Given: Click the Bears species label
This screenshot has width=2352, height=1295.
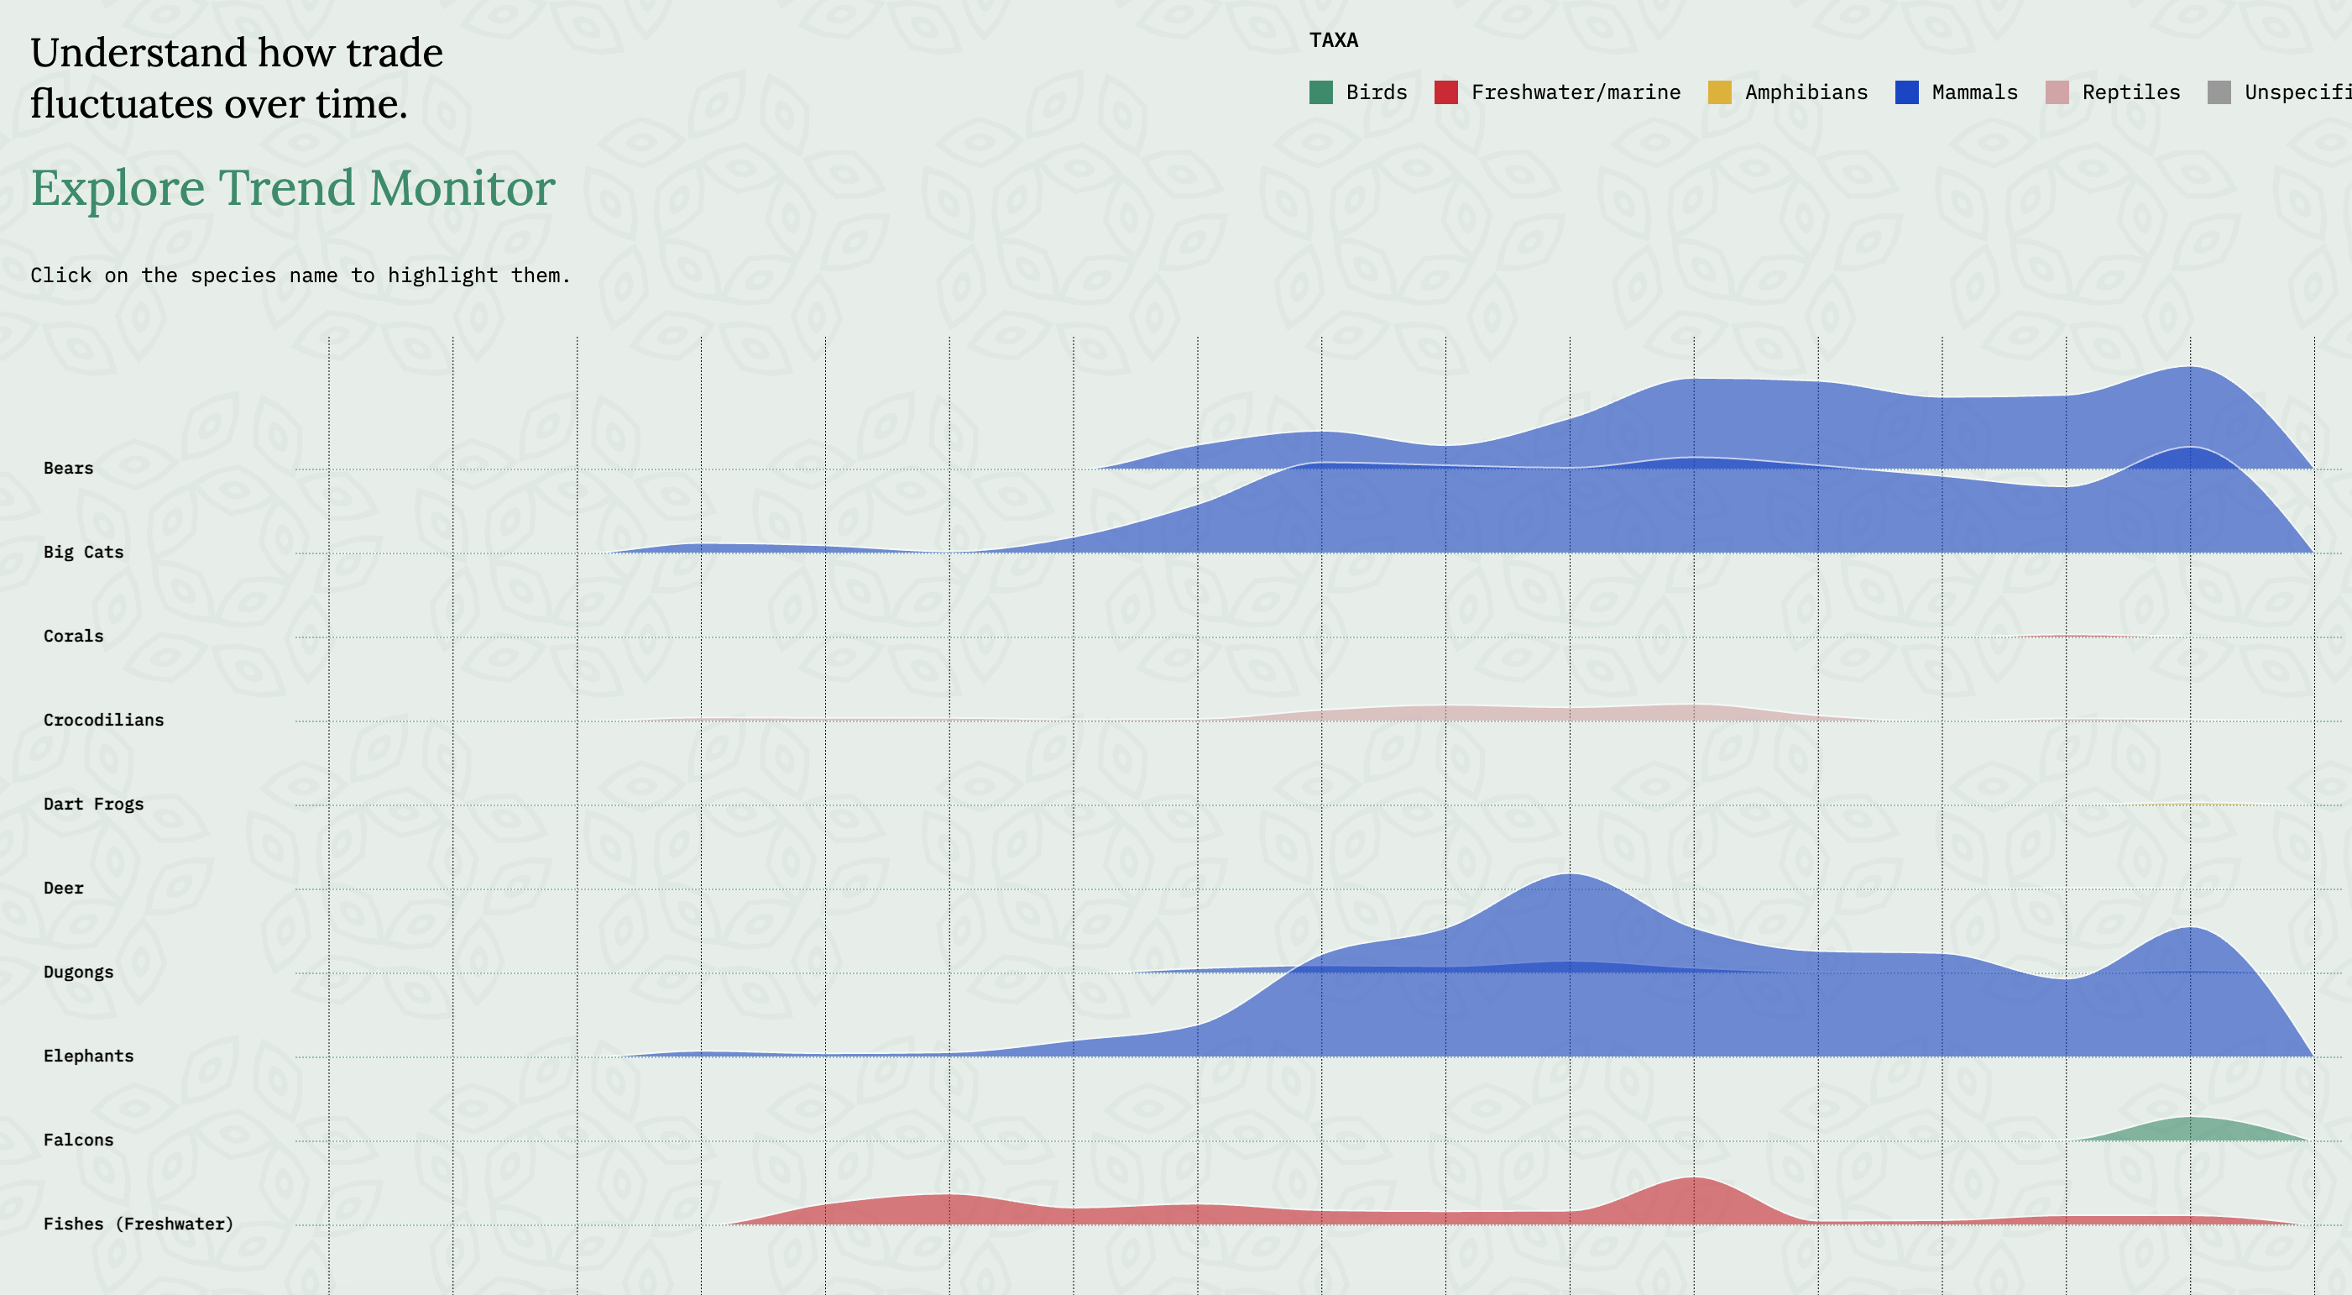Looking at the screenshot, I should [x=69, y=469].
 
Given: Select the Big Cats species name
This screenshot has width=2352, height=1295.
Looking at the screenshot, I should [x=83, y=553].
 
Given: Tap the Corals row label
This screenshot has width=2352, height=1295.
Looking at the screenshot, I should [x=73, y=637].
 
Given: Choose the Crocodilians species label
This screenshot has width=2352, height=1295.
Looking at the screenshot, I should [x=103, y=721].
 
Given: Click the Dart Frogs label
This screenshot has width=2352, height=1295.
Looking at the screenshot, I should [x=93, y=805].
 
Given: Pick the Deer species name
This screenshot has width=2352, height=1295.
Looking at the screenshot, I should [x=63, y=889].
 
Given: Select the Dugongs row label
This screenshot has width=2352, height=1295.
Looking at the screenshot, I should [x=79, y=973].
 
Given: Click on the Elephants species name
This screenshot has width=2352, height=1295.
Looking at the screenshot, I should [x=89, y=1056].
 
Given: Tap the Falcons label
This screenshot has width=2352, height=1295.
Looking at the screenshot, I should [x=79, y=1140].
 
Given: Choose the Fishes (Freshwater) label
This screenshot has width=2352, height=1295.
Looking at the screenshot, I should [x=138, y=1224].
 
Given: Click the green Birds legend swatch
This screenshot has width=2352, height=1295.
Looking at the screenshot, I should [x=1320, y=92].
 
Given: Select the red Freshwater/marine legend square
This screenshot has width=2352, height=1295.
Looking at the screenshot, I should [x=1445, y=92].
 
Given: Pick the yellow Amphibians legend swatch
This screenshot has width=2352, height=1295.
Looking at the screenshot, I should [x=1719, y=92].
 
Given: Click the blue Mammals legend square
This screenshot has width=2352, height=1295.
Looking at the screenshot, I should [x=1906, y=92].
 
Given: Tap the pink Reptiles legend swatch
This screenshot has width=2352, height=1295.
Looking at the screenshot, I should [x=2057, y=92].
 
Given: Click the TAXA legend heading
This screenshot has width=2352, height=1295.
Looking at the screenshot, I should [x=1333, y=40].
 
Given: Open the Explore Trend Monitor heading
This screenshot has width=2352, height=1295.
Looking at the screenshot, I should [x=292, y=188].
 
